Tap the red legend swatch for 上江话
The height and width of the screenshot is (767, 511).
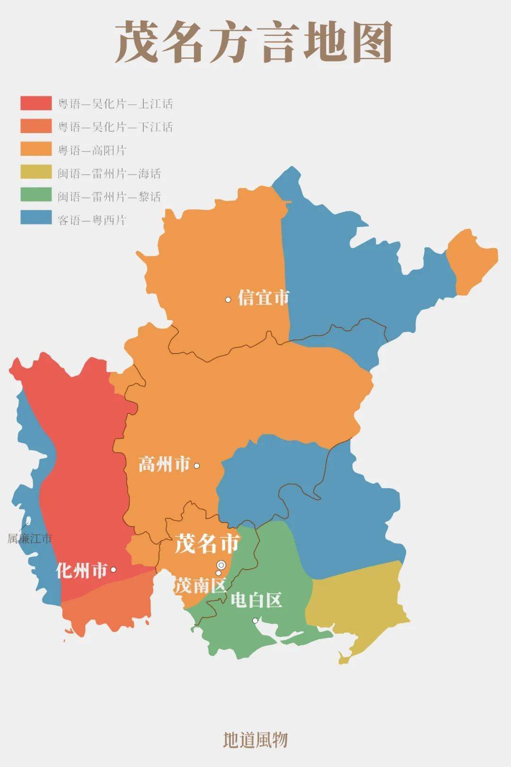[36, 103]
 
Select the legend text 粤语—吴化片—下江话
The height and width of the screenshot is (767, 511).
[115, 127]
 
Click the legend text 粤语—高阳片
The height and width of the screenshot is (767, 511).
[92, 150]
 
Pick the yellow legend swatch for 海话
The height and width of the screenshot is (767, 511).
[36, 173]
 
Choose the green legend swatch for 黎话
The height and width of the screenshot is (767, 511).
[36, 196]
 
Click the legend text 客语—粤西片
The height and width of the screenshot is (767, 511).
[92, 220]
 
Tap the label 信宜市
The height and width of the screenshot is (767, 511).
[263, 298]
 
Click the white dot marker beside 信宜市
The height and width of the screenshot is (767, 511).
[228, 299]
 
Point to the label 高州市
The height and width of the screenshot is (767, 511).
[164, 464]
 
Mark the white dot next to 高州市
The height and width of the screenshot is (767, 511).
[197, 466]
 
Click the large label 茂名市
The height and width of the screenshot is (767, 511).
[207, 544]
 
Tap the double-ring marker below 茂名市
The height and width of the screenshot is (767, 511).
[221, 564]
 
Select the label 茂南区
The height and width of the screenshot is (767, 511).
[200, 586]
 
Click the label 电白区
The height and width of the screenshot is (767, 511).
[256, 600]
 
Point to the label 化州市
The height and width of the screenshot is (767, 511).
[81, 571]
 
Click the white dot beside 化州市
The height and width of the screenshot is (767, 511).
[114, 570]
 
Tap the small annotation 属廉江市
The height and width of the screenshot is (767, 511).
[29, 538]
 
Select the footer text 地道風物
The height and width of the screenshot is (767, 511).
[255, 740]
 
